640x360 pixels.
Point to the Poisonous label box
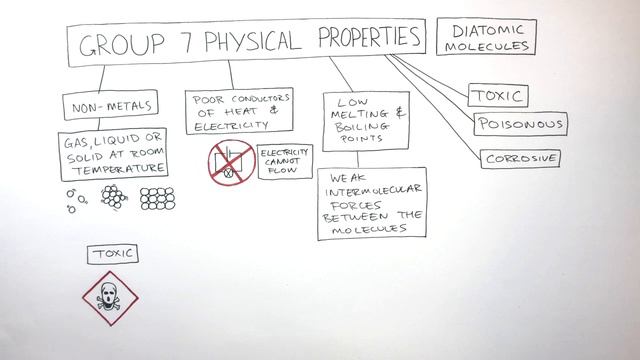point(520,126)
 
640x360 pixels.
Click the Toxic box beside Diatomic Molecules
point(498,96)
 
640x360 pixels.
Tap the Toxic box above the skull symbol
point(112,254)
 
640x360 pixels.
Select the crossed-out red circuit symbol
point(230,162)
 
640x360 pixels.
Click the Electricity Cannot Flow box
point(285,162)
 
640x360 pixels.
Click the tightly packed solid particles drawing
point(158,197)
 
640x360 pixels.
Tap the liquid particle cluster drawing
point(114,197)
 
